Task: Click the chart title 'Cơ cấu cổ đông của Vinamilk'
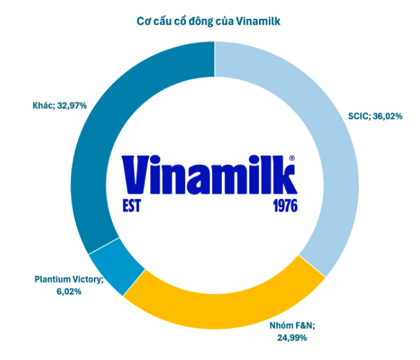click(209, 21)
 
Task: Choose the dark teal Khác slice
click(111, 130)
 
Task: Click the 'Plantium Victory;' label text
click(68, 280)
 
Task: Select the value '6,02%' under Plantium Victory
click(68, 291)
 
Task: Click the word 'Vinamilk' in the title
click(260, 21)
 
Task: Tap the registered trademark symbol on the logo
click(292, 158)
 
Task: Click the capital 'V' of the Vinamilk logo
click(137, 175)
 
